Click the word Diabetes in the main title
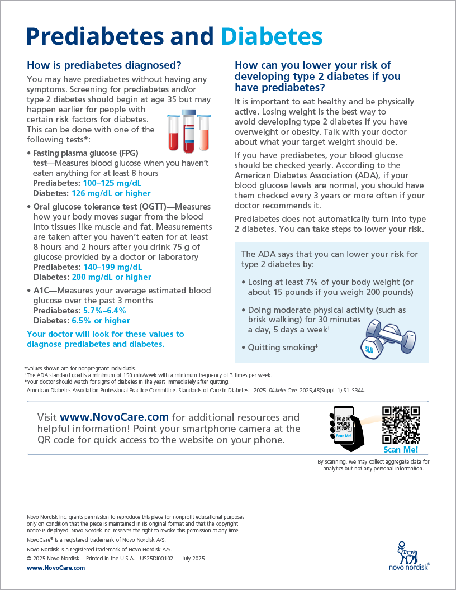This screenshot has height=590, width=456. [272, 36]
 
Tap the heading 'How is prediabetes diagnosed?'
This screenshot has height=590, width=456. [104, 65]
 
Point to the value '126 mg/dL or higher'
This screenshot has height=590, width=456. [111, 193]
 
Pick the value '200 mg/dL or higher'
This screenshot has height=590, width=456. [111, 277]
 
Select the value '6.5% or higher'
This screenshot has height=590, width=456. [101, 321]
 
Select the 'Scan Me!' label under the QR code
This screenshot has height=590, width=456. [401, 450]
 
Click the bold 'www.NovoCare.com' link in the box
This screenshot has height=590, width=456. [114, 417]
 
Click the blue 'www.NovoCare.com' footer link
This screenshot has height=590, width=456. [56, 568]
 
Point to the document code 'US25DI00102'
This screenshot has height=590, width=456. [156, 559]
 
